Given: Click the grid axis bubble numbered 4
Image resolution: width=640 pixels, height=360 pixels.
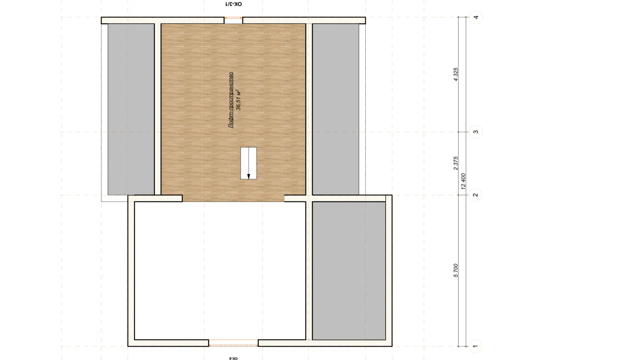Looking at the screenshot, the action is [476, 17].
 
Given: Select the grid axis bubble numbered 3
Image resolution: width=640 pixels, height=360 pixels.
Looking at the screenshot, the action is [475, 132].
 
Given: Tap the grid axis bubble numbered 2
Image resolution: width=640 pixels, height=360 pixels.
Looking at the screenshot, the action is [475, 195].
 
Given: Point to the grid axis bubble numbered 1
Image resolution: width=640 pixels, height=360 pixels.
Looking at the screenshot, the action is [475, 346].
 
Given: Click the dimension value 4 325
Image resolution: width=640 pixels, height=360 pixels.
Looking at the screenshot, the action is [456, 74].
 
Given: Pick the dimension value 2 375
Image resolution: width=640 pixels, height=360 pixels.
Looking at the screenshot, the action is [456, 163].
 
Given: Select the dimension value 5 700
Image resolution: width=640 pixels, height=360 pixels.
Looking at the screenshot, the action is [456, 270].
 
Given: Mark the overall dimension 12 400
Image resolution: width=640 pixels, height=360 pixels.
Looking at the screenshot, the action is [463, 181].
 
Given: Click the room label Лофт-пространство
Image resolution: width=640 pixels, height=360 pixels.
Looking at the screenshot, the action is [230, 100].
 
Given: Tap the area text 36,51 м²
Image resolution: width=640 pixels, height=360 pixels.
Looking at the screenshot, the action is [238, 100].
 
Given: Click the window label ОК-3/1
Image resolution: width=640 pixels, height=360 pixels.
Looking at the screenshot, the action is [233, 4].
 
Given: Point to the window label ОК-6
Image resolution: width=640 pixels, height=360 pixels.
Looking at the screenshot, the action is [233, 358].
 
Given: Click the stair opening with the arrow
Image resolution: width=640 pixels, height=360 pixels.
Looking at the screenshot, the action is [249, 163].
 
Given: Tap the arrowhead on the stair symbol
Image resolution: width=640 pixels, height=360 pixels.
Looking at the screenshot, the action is [249, 176].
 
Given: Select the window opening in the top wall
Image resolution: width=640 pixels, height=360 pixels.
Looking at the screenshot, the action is [233, 20].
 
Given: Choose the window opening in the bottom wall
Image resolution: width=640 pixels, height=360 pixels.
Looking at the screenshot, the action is [233, 343].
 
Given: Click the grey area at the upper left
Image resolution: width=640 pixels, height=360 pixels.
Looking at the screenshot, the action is [131, 109].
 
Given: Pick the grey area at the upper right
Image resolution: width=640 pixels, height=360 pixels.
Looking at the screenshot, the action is [336, 109].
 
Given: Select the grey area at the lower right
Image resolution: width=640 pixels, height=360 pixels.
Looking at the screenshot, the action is [349, 271].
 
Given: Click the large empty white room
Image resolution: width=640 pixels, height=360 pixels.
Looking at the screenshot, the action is [220, 271].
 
